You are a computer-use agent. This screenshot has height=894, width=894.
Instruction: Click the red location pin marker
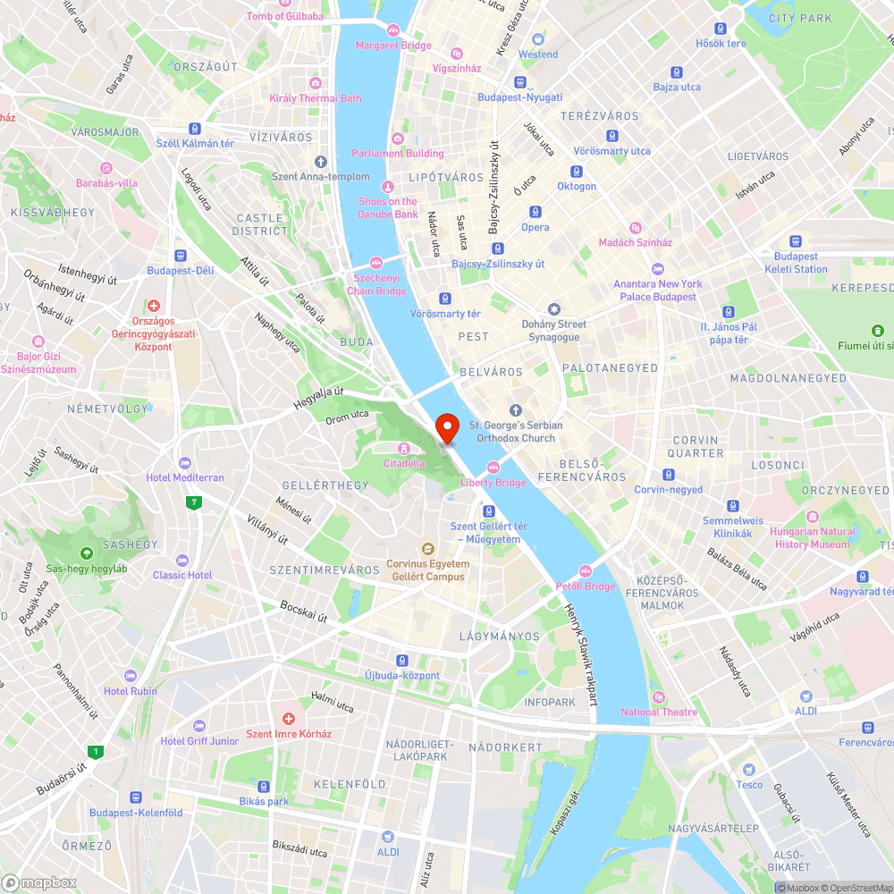click(446, 428)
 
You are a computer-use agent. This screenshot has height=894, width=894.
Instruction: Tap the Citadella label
click(404, 463)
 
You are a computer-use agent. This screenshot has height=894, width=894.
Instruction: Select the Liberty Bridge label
click(493, 483)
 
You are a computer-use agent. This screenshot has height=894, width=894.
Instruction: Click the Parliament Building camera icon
click(397, 139)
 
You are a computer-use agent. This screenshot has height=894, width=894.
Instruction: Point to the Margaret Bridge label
click(393, 46)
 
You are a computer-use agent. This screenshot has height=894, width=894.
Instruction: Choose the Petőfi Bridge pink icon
click(586, 571)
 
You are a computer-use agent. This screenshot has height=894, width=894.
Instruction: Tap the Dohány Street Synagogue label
click(554, 330)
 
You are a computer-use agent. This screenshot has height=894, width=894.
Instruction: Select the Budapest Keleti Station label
click(795, 263)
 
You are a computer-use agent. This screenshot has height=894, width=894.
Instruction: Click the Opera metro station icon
click(535, 212)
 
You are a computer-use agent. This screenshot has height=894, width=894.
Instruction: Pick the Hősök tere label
click(721, 44)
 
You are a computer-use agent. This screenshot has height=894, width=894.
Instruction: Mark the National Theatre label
click(659, 712)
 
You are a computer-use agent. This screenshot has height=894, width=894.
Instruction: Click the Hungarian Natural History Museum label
click(813, 537)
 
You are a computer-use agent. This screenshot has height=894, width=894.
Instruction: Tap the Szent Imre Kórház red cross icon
click(288, 719)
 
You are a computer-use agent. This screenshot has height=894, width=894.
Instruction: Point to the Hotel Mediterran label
click(185, 477)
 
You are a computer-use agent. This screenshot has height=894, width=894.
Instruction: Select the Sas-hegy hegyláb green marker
click(87, 554)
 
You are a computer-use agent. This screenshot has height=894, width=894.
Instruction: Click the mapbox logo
click(40, 881)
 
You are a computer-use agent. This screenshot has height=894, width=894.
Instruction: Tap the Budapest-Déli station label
click(181, 270)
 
